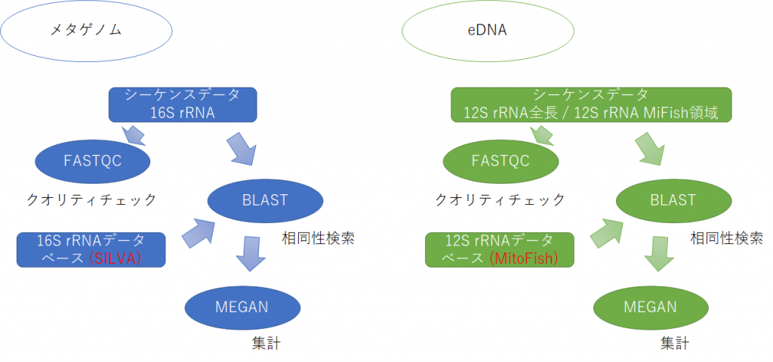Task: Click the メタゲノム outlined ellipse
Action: coord(86,31)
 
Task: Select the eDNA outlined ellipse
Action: coord(488,31)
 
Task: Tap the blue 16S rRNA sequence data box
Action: coord(183,104)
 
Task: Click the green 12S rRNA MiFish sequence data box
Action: coord(592,104)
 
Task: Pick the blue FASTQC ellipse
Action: coord(92,162)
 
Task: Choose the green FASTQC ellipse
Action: coord(500,162)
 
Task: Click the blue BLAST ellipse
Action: coord(265,200)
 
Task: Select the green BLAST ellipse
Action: coord(673,200)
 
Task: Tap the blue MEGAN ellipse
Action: coord(242,307)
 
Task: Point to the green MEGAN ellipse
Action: coord(650,307)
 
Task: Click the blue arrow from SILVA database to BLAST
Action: coord(199,231)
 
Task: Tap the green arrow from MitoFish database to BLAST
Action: coord(608,231)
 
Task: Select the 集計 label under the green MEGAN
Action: coord(674,343)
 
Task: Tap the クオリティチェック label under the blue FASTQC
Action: coord(91,200)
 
